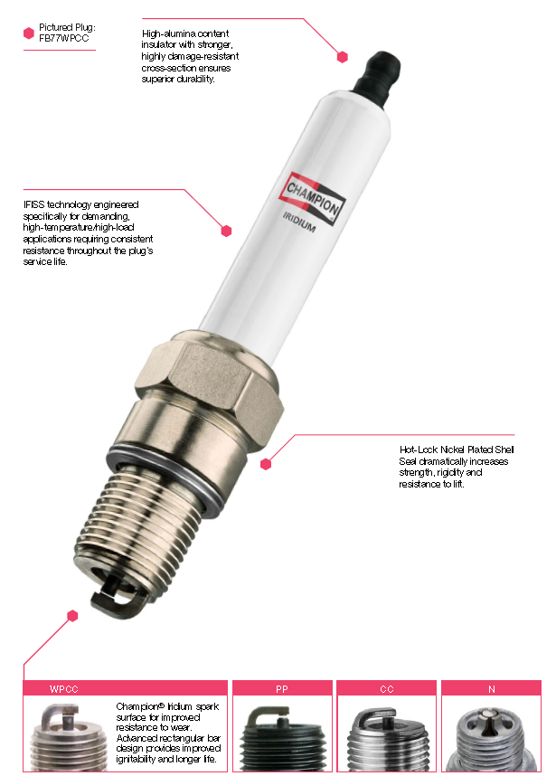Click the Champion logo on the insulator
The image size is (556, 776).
[x=312, y=199]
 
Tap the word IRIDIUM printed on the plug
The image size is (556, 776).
[x=299, y=222]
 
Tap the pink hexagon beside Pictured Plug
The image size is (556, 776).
[x=29, y=33]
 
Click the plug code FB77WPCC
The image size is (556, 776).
[x=64, y=39]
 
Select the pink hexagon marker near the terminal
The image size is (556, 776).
[x=343, y=57]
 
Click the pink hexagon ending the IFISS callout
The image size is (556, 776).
[x=227, y=231]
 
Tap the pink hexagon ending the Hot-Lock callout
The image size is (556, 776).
[x=266, y=464]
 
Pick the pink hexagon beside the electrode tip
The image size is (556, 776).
[x=72, y=616]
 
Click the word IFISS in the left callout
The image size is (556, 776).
[x=33, y=204]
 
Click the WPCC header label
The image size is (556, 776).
[x=64, y=689]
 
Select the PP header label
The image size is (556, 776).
[x=282, y=689]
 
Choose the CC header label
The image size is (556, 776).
[x=387, y=689]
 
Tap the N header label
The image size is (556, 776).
[x=491, y=689]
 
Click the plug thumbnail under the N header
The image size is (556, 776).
[x=491, y=740]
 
